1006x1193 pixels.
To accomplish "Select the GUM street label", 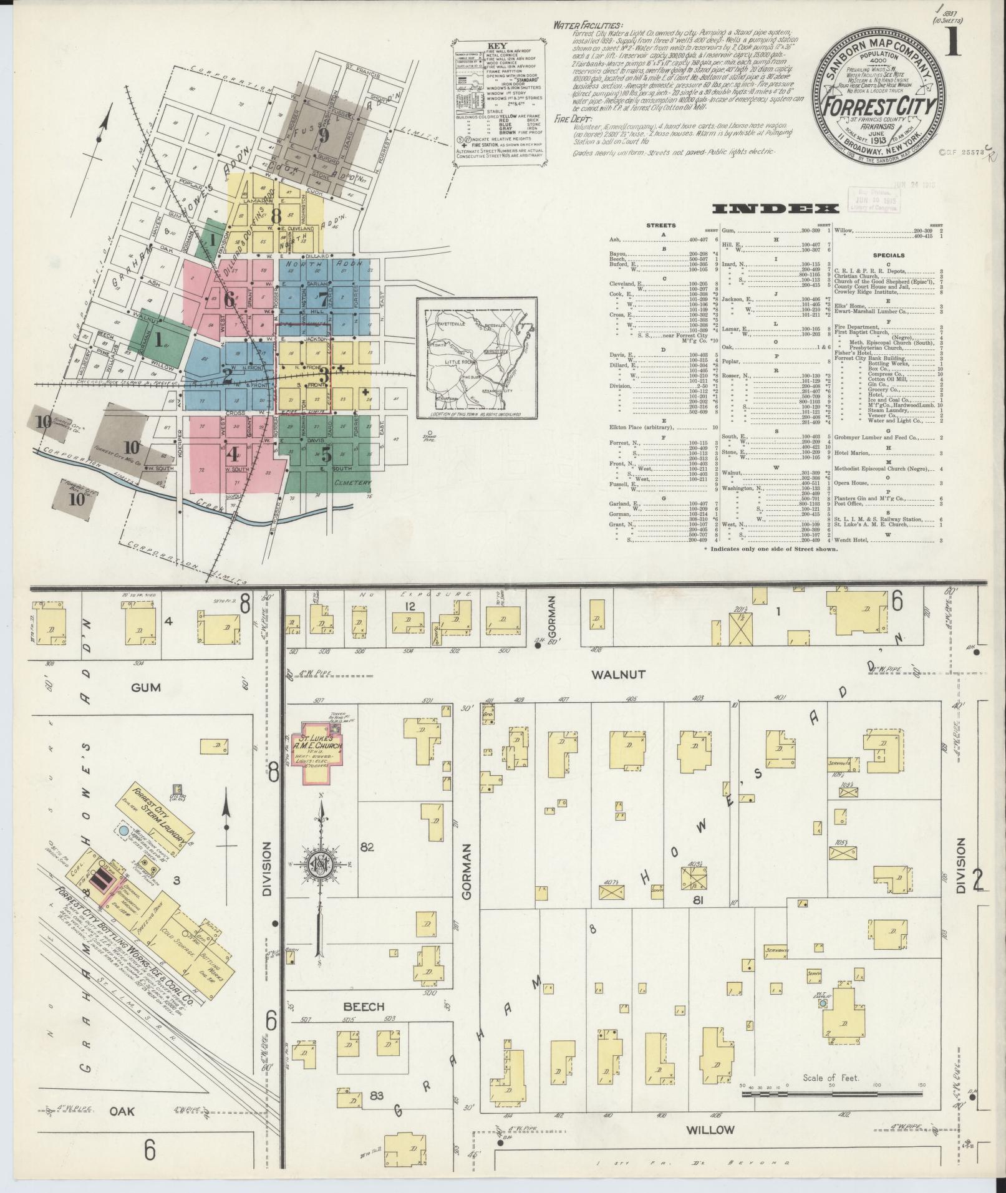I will (147, 687).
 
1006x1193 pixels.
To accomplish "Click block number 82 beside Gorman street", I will (367, 847).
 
